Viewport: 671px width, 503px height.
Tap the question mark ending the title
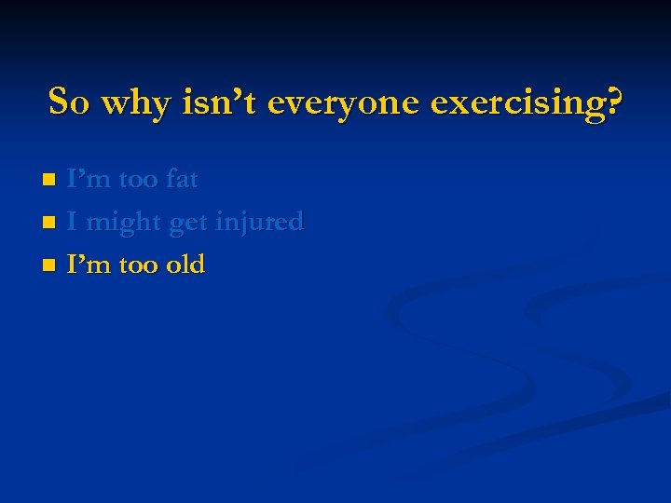point(612,101)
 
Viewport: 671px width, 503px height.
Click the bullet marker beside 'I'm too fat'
point(50,179)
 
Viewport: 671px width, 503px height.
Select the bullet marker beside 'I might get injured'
point(50,223)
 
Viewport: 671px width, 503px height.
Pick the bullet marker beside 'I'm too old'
point(50,265)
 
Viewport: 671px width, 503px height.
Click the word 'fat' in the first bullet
point(182,179)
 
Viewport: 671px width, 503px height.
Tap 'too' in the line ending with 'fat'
point(138,179)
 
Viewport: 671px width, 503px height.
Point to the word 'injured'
point(260,223)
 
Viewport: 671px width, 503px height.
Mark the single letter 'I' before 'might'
point(73,222)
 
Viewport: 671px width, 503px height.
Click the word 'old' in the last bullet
point(185,265)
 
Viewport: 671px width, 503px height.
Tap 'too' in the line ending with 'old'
point(138,265)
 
